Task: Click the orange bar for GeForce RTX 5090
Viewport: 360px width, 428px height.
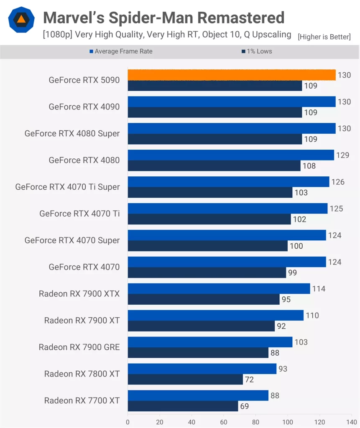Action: (x=231, y=75)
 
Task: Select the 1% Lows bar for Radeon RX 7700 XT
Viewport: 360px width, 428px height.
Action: (x=183, y=406)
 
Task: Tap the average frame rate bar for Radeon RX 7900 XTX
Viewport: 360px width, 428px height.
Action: (x=219, y=289)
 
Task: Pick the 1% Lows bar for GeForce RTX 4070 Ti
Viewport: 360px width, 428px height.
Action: (x=209, y=219)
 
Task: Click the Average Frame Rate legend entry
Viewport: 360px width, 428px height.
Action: (x=121, y=51)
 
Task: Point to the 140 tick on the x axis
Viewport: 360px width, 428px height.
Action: (x=352, y=422)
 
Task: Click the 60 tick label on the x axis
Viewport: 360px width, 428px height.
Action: (x=224, y=422)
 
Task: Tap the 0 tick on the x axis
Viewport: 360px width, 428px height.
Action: (x=128, y=422)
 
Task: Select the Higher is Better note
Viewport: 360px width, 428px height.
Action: (x=324, y=37)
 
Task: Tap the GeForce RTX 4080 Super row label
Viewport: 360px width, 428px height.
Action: (x=72, y=134)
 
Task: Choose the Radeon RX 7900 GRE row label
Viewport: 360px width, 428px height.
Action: (x=79, y=347)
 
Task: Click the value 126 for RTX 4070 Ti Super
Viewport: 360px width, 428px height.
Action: (x=338, y=182)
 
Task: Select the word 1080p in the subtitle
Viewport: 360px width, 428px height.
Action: (x=55, y=35)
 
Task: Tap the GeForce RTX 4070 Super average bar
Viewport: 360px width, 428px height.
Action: (x=227, y=235)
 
